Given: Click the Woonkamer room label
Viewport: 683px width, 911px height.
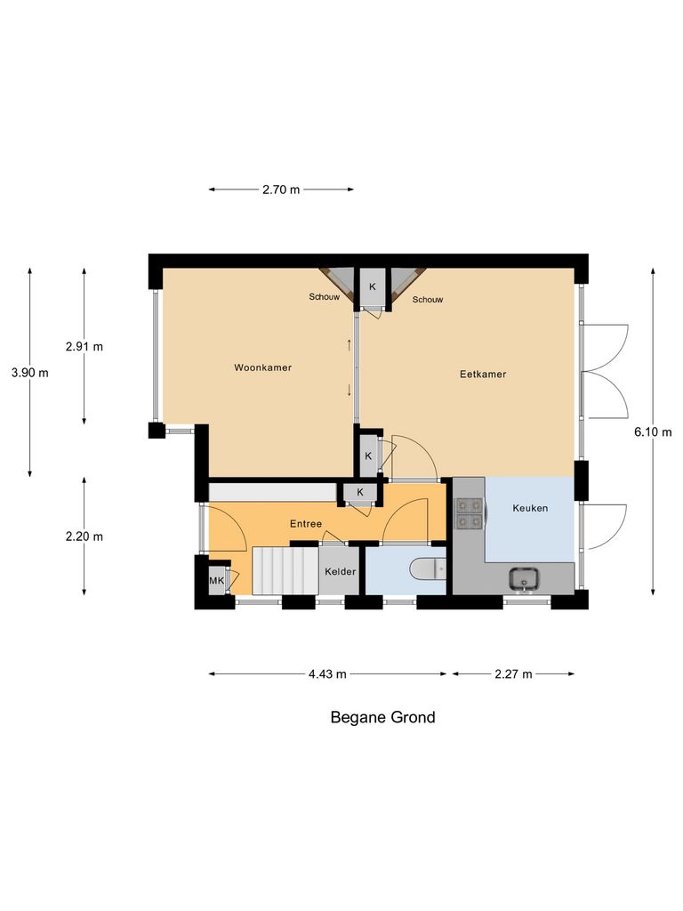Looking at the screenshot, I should click(263, 367).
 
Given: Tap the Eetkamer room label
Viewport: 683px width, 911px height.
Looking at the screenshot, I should click(483, 375).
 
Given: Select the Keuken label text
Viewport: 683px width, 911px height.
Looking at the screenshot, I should click(530, 509).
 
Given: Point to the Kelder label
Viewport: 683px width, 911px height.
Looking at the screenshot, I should click(340, 571).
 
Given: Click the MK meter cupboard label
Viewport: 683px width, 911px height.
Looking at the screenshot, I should click(216, 581).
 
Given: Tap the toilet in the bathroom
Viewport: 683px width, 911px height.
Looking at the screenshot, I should click(428, 569).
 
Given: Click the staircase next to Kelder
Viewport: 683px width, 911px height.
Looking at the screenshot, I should click(285, 570).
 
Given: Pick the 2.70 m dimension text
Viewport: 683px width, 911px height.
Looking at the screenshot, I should click(281, 189).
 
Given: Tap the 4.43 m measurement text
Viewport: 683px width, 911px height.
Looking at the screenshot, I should click(327, 674).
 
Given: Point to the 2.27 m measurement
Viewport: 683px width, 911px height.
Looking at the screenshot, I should click(513, 674).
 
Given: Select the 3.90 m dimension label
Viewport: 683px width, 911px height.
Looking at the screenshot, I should click(30, 373).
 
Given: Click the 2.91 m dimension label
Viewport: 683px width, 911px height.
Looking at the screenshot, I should click(84, 346).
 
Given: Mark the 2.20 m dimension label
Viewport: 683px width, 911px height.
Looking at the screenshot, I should click(84, 536).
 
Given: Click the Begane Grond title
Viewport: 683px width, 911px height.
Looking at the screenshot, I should click(383, 717).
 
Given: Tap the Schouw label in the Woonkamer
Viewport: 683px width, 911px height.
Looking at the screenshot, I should click(325, 296).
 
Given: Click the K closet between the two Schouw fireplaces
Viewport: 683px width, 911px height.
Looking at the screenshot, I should click(372, 286).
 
